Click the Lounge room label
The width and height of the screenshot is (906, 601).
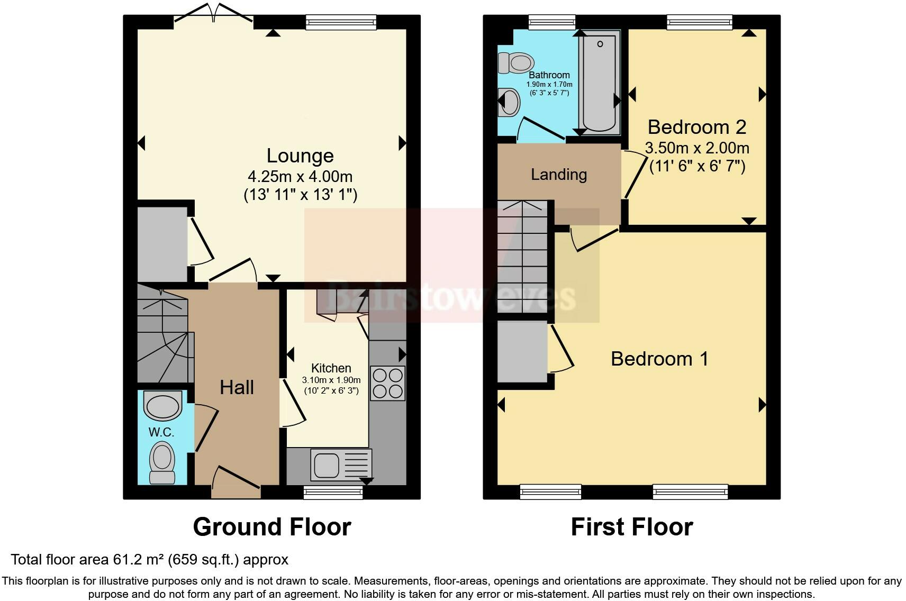pos(300,156)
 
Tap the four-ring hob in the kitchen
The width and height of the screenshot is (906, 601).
pos(387,384)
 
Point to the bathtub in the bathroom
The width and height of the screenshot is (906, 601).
pos(600,82)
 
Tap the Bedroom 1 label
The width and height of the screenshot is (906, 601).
pos(659,359)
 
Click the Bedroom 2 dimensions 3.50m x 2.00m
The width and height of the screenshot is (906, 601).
pos(697,148)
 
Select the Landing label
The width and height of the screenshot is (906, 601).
pos(558,175)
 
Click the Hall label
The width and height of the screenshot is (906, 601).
pos(237,387)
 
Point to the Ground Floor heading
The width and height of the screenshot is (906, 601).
pos(272,526)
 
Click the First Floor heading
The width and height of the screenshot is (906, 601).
pos(632,526)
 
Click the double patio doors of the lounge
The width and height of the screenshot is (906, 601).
pos(214,13)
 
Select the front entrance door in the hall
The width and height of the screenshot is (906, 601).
pos(236,482)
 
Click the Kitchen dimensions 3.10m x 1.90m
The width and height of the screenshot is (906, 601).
pos(331,380)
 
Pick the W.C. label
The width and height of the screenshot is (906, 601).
pos(161,432)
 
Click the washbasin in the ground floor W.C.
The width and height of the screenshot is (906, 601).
pos(162,405)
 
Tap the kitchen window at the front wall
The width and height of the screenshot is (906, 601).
pos(333,492)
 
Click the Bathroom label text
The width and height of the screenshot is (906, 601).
pos(549,75)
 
